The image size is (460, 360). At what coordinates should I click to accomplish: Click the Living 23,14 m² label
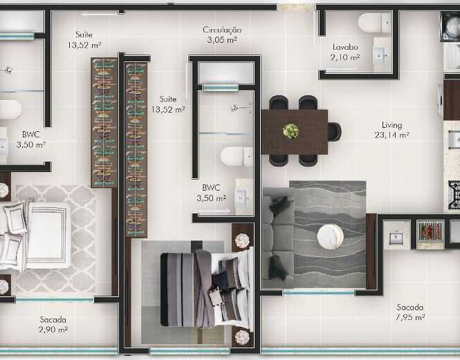(x=392, y=130)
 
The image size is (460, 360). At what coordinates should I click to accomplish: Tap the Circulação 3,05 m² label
(x=222, y=35)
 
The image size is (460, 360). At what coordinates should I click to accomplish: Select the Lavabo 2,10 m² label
(x=345, y=52)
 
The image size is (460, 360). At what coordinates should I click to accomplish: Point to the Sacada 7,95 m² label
(x=410, y=312)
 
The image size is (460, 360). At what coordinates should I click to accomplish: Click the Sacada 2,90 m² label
(x=53, y=325)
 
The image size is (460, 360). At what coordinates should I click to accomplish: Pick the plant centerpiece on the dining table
(x=291, y=131)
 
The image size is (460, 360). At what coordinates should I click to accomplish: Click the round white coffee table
(x=330, y=236)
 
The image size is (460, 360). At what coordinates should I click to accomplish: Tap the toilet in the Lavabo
(x=375, y=23)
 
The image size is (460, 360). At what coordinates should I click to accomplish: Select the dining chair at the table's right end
(x=334, y=131)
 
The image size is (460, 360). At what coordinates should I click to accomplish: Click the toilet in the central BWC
(x=237, y=157)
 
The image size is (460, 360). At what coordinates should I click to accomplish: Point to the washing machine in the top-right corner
(x=450, y=26)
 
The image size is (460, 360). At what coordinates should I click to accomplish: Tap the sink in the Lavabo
(x=380, y=55)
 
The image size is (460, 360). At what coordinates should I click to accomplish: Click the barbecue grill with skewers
(x=430, y=231)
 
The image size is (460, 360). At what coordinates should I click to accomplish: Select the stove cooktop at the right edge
(x=454, y=195)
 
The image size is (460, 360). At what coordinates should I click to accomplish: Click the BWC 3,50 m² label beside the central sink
(x=211, y=193)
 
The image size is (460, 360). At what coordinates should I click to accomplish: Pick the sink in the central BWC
(x=242, y=198)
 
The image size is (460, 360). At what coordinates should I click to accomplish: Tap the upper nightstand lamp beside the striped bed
(x=242, y=241)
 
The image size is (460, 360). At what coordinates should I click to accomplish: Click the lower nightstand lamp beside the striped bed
(x=242, y=337)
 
